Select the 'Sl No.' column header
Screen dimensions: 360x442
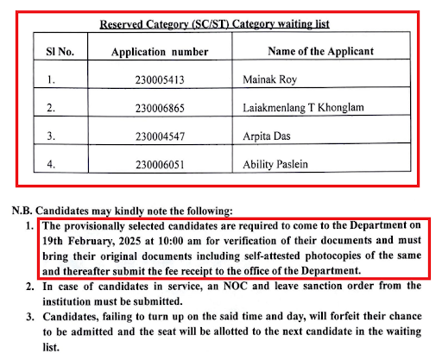(x=60, y=51)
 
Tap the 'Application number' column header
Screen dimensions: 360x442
(x=160, y=52)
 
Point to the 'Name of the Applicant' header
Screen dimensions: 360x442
(x=320, y=51)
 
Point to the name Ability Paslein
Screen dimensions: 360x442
(x=279, y=163)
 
